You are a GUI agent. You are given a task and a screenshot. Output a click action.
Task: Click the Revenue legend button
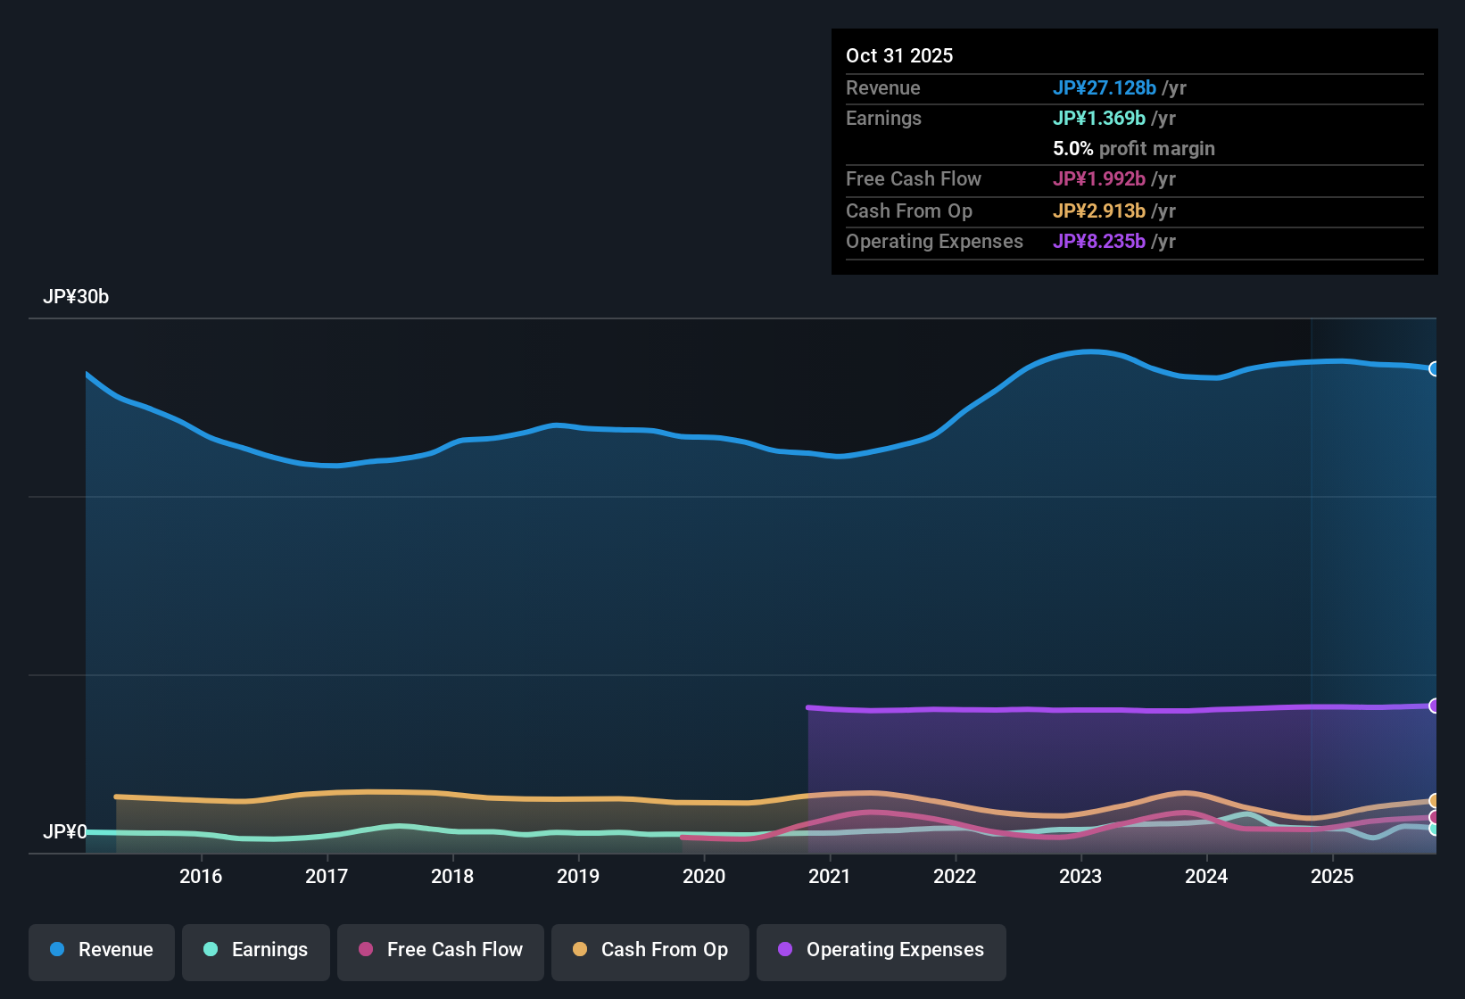click(102, 950)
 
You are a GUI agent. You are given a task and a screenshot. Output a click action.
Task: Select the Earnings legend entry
click(256, 950)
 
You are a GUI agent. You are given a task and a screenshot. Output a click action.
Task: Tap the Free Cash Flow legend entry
click(441, 950)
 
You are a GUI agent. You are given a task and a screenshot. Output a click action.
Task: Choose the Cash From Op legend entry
click(650, 950)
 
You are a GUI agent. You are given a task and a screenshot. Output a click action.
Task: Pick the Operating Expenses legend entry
click(881, 950)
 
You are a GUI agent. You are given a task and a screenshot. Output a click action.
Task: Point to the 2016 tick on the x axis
click(201, 876)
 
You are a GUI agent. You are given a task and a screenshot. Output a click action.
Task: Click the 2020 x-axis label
click(704, 876)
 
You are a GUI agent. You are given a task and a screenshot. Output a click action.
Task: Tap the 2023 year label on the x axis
click(1080, 876)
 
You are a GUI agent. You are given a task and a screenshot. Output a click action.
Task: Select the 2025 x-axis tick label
click(1332, 876)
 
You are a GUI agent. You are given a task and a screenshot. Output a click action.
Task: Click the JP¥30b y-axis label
click(76, 297)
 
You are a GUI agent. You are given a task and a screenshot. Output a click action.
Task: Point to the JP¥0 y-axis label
click(65, 832)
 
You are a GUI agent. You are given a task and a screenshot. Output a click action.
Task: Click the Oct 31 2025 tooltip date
click(899, 55)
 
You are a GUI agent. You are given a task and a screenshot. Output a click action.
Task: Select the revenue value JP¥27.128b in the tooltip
click(1105, 87)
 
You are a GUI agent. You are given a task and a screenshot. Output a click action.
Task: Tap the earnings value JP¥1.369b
click(1099, 119)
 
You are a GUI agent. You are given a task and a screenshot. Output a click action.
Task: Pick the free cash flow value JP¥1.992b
click(1099, 179)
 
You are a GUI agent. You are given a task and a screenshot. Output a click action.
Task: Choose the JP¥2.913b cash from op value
click(1099, 211)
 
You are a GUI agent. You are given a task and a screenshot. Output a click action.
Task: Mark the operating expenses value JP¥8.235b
click(1099, 242)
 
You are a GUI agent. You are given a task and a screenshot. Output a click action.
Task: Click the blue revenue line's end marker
click(1434, 369)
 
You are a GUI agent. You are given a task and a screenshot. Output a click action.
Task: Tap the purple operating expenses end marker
click(1434, 706)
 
